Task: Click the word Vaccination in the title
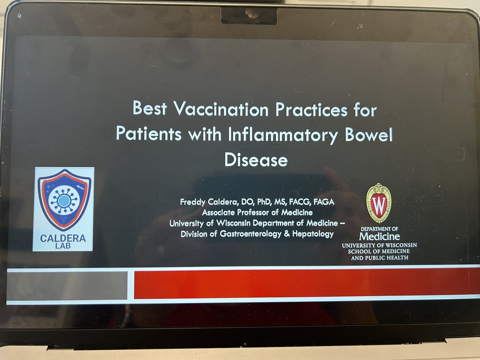pyautogui.click(x=208, y=109)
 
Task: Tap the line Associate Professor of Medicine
pyautogui.click(x=257, y=212)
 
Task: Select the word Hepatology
pyautogui.click(x=312, y=234)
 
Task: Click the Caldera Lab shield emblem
pyautogui.click(x=64, y=199)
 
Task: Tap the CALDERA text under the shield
pyautogui.click(x=63, y=239)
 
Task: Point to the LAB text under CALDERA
pyautogui.click(x=64, y=246)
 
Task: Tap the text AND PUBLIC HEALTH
pyautogui.click(x=379, y=258)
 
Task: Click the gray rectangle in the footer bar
pyautogui.click(x=67, y=285)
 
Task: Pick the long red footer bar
pyautogui.click(x=306, y=284)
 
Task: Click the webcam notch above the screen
pyautogui.click(x=249, y=15)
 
